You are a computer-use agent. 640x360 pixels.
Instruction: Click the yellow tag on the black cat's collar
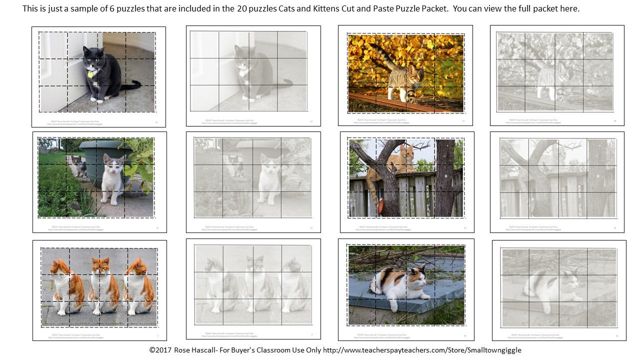click(90, 74)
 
